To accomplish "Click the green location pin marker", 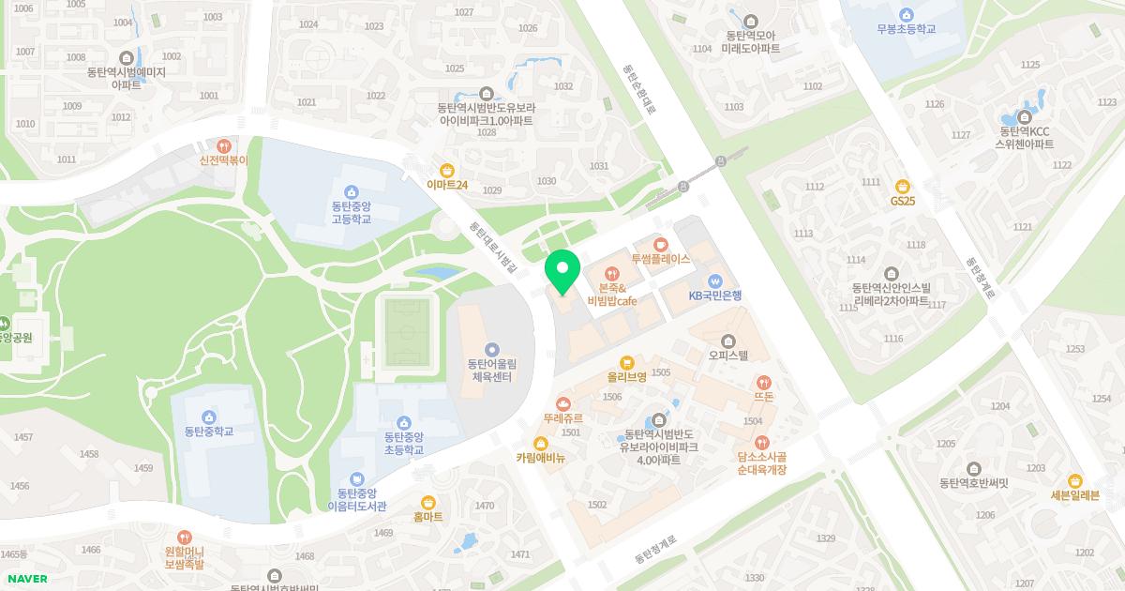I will pos(562,272).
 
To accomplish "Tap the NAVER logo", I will pos(27,579).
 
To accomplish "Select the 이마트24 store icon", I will pos(447,170).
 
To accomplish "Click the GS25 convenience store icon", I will pos(903,186).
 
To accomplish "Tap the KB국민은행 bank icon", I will pos(715,280).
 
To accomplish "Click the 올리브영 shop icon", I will pos(627,362).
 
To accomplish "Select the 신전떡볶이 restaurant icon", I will pos(223,145).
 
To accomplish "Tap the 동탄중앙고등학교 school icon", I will pos(352,191).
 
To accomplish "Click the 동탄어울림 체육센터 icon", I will pos(492,349).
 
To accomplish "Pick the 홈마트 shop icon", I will pos(428,502).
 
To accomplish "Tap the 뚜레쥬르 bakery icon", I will pos(562,403).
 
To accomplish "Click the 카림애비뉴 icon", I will pos(540,444).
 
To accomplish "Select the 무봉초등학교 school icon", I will pos(906,14).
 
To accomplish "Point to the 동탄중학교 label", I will pos(209,432).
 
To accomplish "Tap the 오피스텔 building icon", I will pos(728,341).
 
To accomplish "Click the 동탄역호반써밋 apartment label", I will pos(973,483).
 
